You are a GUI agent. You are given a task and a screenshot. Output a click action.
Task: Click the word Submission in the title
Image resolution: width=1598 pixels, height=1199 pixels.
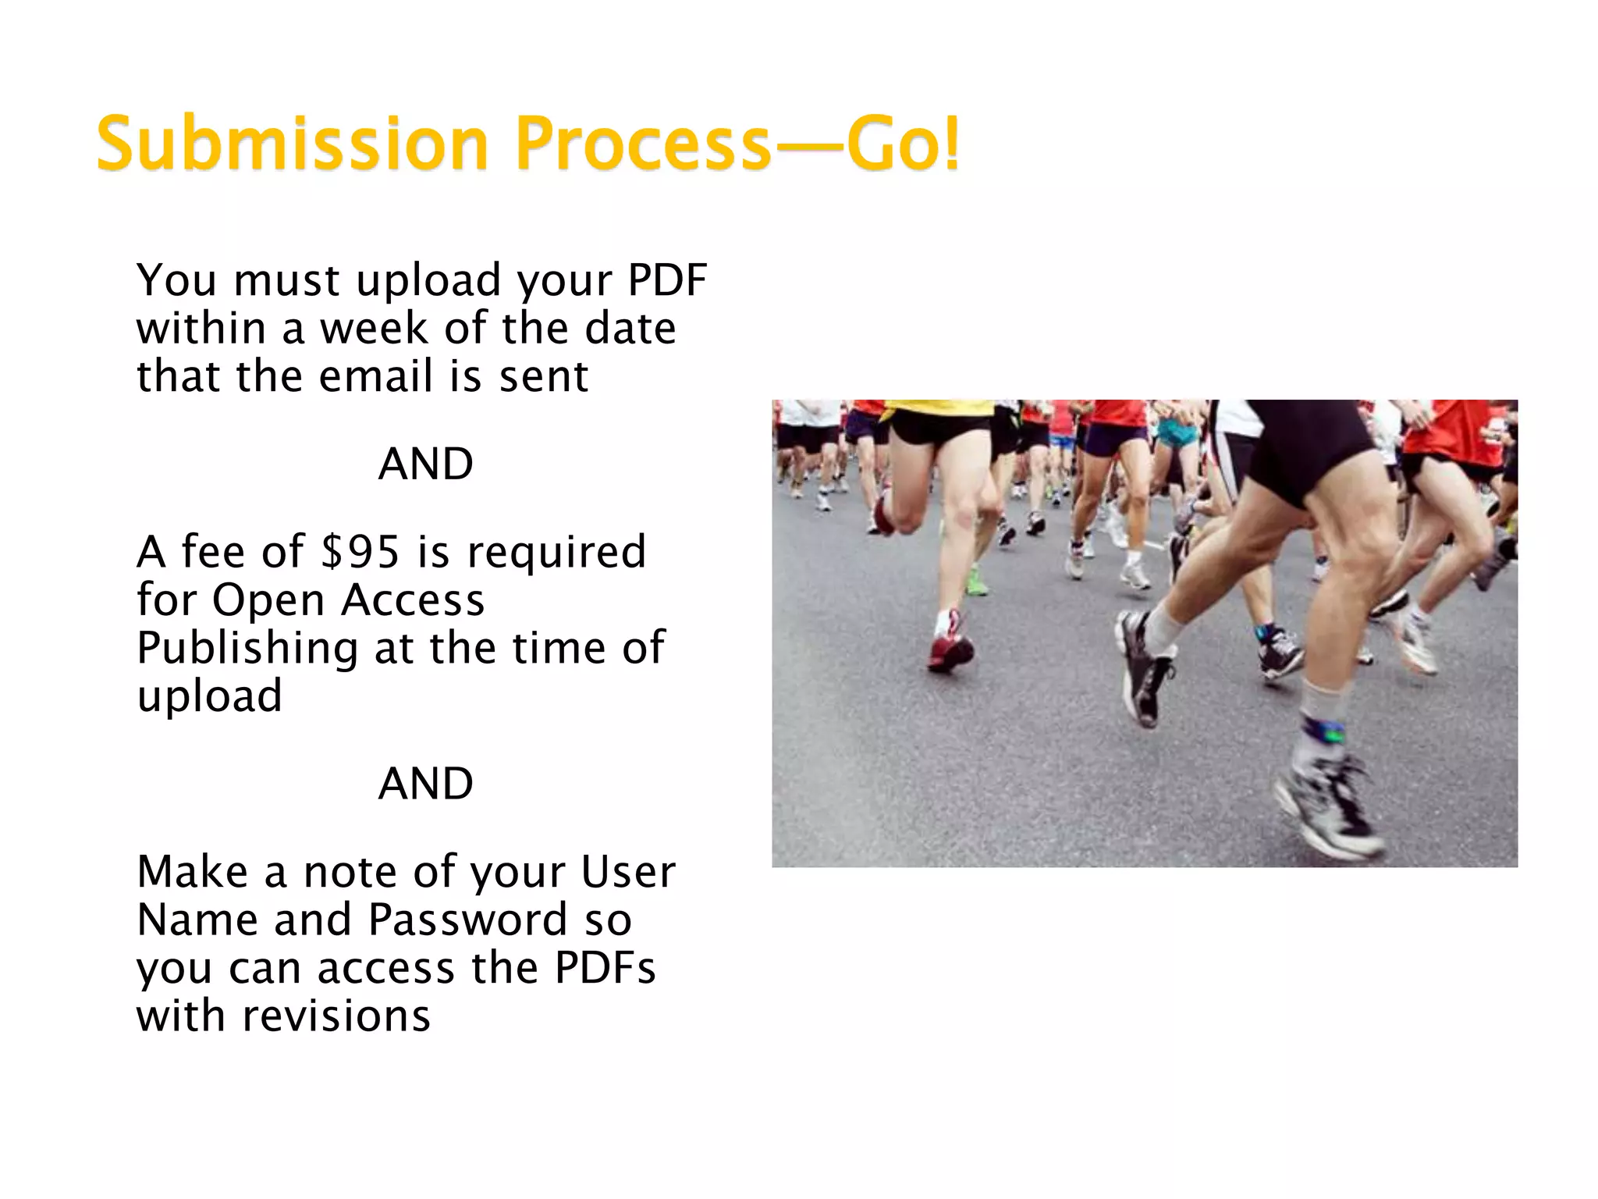coord(292,144)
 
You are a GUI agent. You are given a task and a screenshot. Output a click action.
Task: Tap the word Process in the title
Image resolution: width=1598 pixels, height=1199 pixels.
coord(643,144)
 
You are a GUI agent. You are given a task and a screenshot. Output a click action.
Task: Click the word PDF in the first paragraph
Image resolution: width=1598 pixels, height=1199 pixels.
coord(667,280)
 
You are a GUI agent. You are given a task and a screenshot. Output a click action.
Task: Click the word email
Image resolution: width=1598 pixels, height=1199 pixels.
coord(375,376)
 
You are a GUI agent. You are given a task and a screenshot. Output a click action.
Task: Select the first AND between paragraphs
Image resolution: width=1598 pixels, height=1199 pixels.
coord(425,464)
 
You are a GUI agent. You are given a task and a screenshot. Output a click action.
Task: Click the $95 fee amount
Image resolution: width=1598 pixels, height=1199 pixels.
coord(360,552)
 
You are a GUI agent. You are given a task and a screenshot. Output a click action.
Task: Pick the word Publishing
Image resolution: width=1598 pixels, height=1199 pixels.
coord(247,649)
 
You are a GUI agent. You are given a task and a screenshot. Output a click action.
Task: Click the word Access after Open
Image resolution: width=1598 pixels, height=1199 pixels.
coord(413,600)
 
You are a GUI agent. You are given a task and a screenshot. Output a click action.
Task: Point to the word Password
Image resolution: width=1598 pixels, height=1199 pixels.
coord(467,920)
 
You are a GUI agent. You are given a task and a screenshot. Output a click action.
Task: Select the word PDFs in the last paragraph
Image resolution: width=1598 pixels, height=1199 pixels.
coord(605,968)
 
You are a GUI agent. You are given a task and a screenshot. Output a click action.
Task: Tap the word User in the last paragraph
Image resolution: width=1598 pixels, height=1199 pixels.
coord(628,872)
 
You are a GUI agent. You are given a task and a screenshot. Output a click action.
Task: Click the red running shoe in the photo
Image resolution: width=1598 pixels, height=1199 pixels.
coord(950,653)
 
